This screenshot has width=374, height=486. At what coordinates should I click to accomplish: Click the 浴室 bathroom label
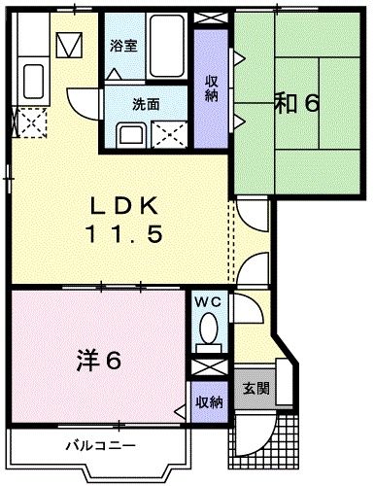tap(122, 46)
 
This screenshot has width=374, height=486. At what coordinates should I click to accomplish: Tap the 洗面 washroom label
tap(119, 103)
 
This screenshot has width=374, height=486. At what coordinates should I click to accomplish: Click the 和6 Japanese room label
tap(295, 103)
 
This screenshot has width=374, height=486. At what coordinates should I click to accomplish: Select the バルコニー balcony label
tap(101, 447)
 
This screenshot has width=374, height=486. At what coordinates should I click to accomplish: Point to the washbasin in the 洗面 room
tap(130, 135)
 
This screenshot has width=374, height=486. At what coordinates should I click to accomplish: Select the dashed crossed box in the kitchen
tap(31, 122)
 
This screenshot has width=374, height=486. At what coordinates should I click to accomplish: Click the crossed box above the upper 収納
tap(210, 19)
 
